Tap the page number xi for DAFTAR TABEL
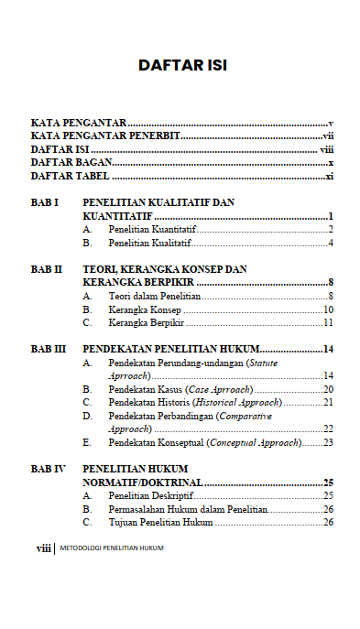[329, 176]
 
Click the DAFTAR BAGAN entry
[71, 162]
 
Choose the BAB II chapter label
[47, 269]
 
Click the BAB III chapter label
[49, 349]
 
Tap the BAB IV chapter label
[49, 469]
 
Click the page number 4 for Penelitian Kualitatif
[330, 243]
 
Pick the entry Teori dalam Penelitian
[153, 297]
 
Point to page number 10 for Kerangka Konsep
[327, 310]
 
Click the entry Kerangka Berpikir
[147, 323]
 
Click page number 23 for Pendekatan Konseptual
[327, 442]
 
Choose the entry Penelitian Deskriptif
[148, 495]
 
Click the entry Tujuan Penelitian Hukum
[160, 522]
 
